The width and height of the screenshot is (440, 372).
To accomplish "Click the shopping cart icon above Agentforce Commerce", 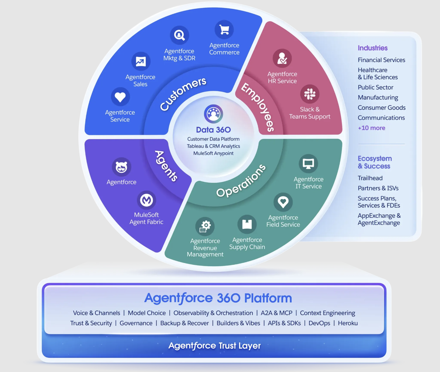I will [x=224, y=30].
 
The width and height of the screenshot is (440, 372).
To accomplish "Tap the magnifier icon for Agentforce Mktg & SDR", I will [x=179, y=35].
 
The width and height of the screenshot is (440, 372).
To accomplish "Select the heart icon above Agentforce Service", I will [x=120, y=97].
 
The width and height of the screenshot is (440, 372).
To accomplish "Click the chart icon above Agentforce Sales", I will [x=141, y=61].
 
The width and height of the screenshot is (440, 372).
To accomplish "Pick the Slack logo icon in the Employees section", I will [x=310, y=94].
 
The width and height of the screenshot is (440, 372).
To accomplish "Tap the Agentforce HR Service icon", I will [x=282, y=58].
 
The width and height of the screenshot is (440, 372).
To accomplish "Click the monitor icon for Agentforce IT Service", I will [x=308, y=164].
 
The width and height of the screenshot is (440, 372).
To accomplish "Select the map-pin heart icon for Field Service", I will [x=283, y=202].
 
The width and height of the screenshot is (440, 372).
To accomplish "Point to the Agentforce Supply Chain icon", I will [x=247, y=224].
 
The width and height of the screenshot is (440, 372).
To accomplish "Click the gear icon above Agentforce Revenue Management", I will [x=205, y=226].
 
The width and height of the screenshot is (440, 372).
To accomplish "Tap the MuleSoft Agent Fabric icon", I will [x=146, y=200].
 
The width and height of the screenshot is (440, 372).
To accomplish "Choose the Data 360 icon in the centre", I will [x=213, y=114].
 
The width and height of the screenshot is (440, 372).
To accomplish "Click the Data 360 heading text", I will [x=213, y=130].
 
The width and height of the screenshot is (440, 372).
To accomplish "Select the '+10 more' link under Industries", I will [x=371, y=128].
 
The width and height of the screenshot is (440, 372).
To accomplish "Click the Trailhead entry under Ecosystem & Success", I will [x=370, y=178].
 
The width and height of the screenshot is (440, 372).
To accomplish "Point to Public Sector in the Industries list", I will [x=375, y=87].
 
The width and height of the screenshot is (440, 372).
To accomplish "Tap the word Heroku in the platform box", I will [x=348, y=323].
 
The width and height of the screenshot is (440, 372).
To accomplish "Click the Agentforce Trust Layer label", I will [x=215, y=346].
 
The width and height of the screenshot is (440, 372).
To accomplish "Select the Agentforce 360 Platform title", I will [x=218, y=298].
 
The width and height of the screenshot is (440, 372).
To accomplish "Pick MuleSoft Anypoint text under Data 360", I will [x=213, y=153].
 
